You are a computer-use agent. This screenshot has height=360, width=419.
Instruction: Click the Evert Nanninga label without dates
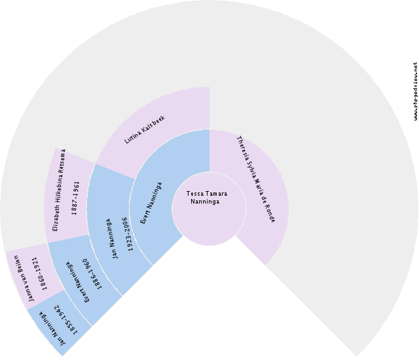click(x=150, y=203)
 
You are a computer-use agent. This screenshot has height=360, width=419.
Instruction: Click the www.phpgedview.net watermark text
click(x=415, y=92)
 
